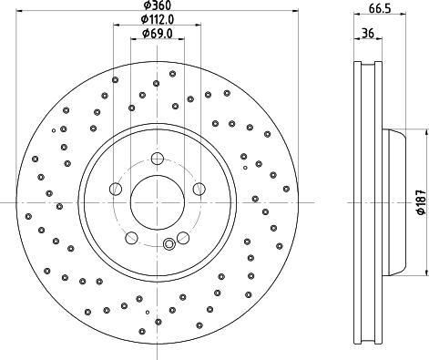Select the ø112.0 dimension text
(x=157, y=20)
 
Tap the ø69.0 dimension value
(x=157, y=35)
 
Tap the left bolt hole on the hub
(x=115, y=190)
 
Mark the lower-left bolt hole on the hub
(x=131, y=238)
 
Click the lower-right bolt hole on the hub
(x=183, y=238)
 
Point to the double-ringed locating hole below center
(x=169, y=243)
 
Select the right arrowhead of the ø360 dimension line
(x=295, y=12)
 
